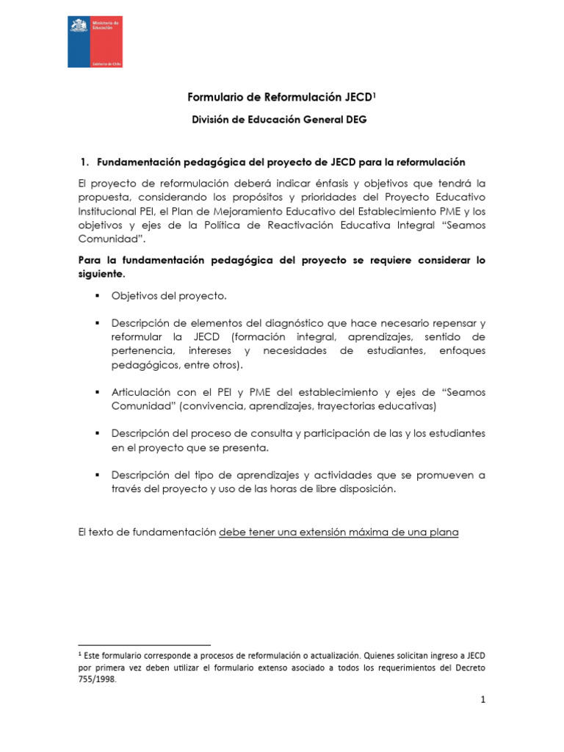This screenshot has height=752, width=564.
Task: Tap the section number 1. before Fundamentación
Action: [84, 162]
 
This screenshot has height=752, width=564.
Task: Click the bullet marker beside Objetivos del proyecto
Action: [96, 296]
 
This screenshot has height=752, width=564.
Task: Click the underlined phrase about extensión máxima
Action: [339, 532]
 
